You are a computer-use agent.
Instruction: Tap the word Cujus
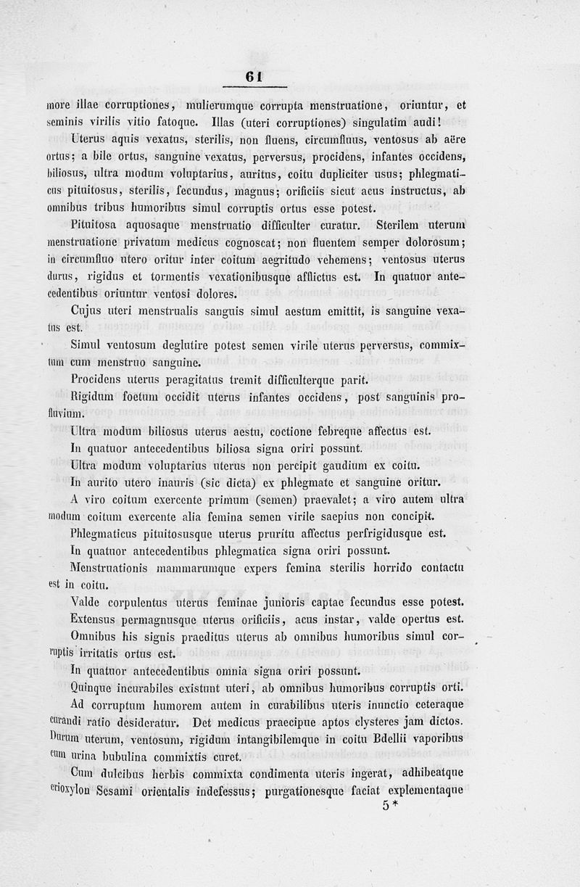tap(88, 311)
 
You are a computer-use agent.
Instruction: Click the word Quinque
tap(93, 687)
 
